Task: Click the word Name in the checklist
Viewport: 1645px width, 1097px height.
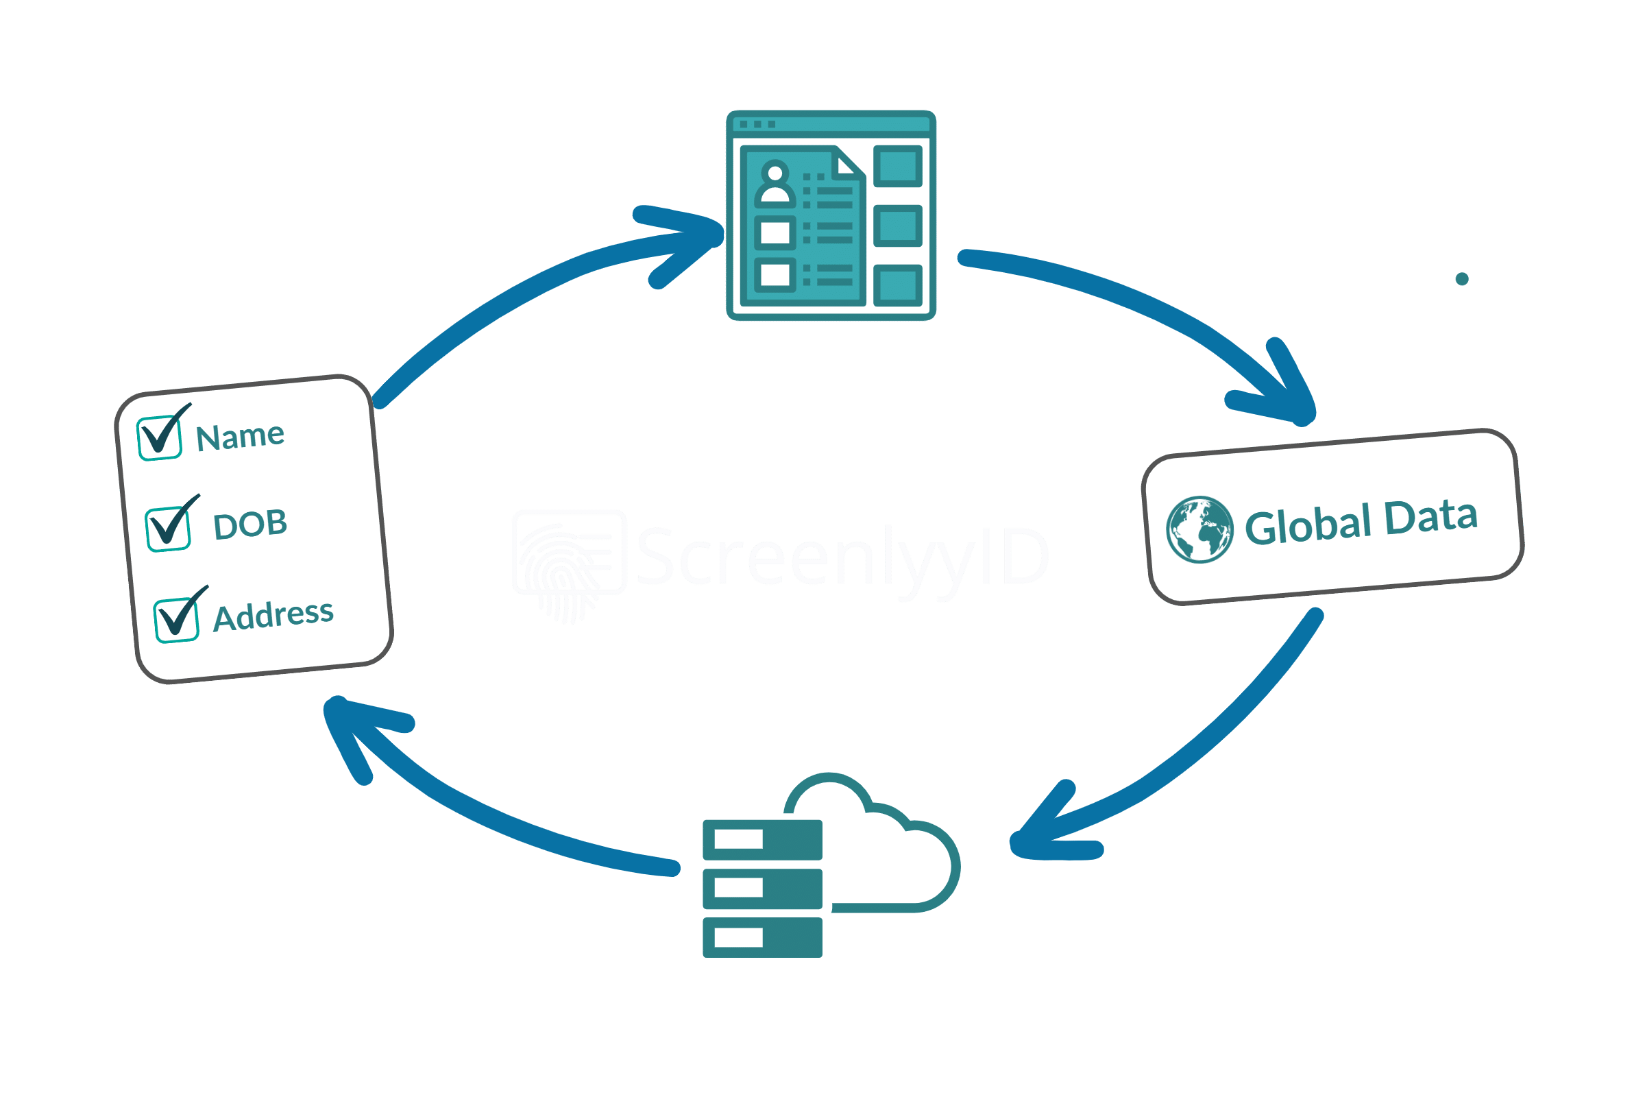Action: click(240, 437)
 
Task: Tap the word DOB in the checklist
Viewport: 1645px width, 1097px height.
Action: click(250, 525)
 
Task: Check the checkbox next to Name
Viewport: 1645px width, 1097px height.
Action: click(160, 438)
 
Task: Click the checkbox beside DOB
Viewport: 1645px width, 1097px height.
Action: click(168, 529)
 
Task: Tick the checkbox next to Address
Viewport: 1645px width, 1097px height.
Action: click(176, 620)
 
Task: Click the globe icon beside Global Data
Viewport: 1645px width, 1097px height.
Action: click(1199, 529)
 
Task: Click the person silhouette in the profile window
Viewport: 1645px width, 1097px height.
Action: click(775, 183)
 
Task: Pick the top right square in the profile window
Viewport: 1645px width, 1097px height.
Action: click(897, 167)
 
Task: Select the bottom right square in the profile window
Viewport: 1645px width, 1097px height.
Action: click(897, 285)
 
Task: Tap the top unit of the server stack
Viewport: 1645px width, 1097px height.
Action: click(761, 839)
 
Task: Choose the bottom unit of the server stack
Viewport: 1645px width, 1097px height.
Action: click(761, 937)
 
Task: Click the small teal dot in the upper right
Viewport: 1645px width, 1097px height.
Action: click(1462, 279)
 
